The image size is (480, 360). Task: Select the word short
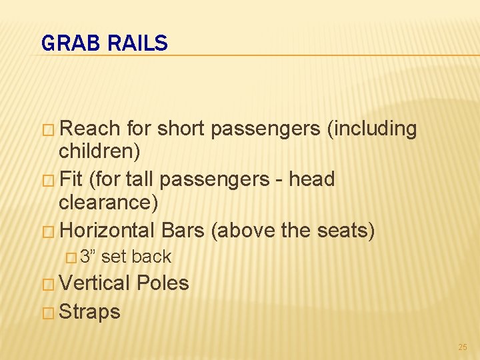183,129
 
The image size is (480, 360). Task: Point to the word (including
372,129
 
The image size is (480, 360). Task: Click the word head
315,179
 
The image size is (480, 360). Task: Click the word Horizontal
107,231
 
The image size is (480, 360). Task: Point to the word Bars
183,231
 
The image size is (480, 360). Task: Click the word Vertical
94,283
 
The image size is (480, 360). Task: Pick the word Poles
163,283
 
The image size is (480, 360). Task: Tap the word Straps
90,311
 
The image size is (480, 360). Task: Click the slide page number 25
463,347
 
